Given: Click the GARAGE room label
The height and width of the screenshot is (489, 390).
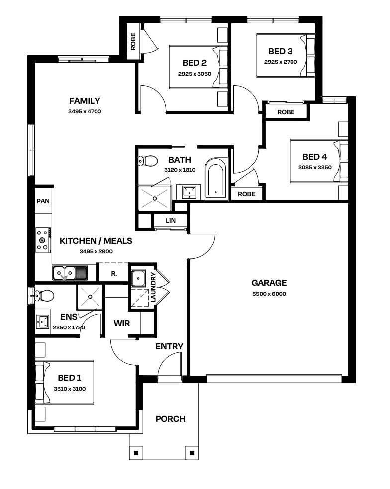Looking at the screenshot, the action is coord(269,283).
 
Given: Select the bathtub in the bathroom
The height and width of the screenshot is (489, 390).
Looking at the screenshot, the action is coord(216,178).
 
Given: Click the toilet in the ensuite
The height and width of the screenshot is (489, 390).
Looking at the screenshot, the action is coord(44,295).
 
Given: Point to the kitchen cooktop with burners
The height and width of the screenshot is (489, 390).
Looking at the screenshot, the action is coord(43,240).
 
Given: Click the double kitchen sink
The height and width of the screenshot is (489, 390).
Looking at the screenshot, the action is coord(70,273).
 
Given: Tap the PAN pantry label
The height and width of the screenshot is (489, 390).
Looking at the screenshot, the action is coord(43,201).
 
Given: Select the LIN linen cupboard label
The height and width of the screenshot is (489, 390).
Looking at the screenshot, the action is coord(171,221).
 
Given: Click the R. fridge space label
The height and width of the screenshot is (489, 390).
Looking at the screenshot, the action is coord(114,274).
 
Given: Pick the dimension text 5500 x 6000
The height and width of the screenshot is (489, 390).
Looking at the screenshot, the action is coord(269,294).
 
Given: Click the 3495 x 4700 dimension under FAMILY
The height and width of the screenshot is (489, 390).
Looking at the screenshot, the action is coord(85,111).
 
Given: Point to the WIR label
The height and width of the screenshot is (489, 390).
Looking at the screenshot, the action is coord(122,323).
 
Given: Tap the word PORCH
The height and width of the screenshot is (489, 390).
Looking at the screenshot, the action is coord(171,419).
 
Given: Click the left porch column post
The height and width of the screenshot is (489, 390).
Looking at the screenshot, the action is coord(136,453).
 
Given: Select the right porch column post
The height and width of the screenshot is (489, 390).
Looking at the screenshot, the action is coord(192,453).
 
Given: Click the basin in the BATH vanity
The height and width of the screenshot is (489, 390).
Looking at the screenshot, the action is coord(190,192).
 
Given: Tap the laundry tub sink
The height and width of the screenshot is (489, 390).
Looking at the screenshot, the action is coord(138,278).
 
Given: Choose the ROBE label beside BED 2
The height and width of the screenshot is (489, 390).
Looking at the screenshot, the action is coord(133,41).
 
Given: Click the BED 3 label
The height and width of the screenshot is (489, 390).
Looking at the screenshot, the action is coord(281,51).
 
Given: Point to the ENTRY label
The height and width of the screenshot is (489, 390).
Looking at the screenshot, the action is coord(169,346).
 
